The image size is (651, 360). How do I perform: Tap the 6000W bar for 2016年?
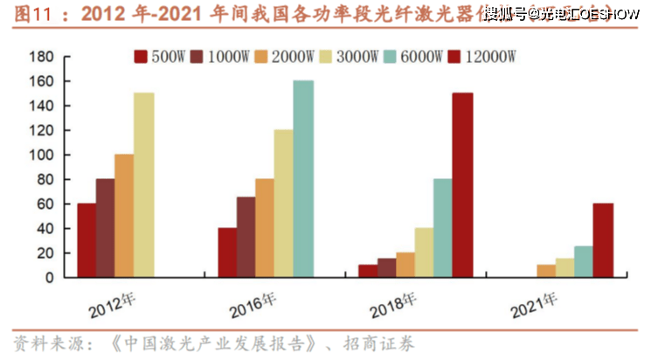pos(302,179)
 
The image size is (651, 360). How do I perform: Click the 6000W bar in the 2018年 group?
pos(443,228)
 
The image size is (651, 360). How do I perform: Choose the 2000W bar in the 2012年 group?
pos(124,216)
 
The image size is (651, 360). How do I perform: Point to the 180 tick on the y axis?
pos(43,57)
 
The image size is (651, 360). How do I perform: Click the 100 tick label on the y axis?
pos(43,155)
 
